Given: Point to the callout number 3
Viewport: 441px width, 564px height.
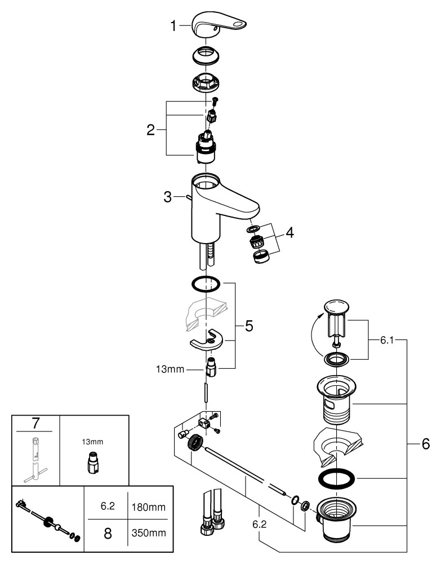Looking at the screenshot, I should click(x=167, y=197).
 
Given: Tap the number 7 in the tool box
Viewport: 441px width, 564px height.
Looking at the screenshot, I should click(x=35, y=422).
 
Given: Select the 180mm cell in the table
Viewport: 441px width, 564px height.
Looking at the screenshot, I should click(x=149, y=506).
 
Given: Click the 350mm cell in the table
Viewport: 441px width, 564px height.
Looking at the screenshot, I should click(x=149, y=533).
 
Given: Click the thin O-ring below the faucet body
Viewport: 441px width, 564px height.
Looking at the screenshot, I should click(x=206, y=284).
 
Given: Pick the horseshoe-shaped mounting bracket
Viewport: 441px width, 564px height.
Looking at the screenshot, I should click(x=206, y=341).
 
